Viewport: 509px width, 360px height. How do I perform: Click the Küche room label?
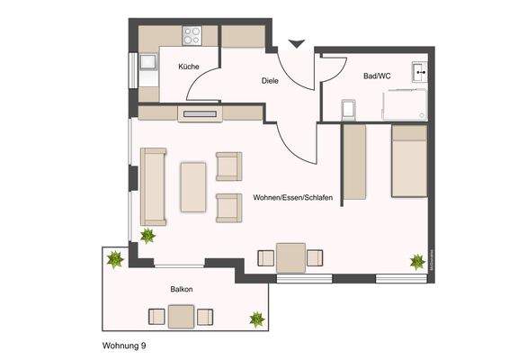[188, 67]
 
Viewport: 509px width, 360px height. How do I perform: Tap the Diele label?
[269, 80]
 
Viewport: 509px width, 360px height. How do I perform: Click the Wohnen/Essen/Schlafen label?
[296, 197]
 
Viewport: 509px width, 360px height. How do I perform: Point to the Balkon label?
[181, 290]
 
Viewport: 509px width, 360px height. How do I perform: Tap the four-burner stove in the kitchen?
[192, 36]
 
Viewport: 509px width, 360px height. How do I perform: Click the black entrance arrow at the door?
[295, 42]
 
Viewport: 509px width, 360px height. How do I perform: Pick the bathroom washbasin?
[418, 69]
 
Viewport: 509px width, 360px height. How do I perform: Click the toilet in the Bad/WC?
[349, 108]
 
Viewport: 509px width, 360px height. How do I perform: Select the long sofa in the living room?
[153, 186]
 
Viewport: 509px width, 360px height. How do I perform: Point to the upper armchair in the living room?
[228, 166]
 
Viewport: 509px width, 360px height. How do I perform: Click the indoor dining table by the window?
[290, 258]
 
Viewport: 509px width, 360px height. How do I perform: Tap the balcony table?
[181, 317]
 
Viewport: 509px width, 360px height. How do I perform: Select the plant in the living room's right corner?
[417, 261]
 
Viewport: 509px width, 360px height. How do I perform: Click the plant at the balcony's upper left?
[114, 260]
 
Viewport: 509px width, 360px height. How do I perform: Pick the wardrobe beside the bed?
[355, 162]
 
